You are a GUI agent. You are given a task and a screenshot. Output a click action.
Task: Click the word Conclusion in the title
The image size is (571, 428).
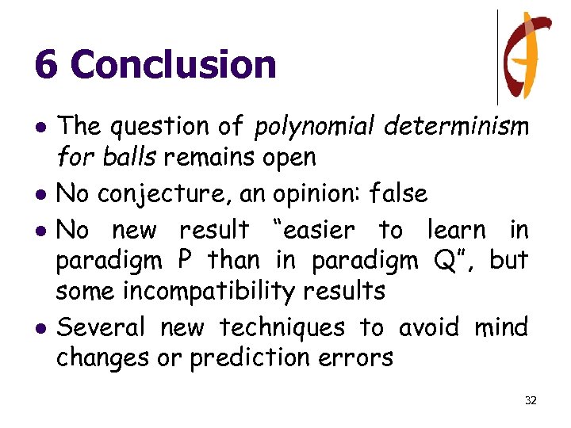point(174,64)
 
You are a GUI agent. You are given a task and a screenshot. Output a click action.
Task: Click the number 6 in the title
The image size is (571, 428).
point(46,64)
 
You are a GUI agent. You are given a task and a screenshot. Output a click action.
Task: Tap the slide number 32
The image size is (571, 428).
point(531,400)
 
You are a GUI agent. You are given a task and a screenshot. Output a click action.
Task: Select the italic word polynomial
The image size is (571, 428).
point(315,126)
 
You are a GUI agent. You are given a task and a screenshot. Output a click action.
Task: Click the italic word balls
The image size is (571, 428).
point(132,158)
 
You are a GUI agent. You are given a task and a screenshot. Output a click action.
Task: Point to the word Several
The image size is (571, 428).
point(102,327)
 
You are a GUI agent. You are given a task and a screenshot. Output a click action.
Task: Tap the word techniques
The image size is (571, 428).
point(282,327)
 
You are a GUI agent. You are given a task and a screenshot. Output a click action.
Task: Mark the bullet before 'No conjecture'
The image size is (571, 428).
point(40,194)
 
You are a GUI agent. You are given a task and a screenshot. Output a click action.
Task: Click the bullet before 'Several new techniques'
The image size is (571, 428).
point(40,327)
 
